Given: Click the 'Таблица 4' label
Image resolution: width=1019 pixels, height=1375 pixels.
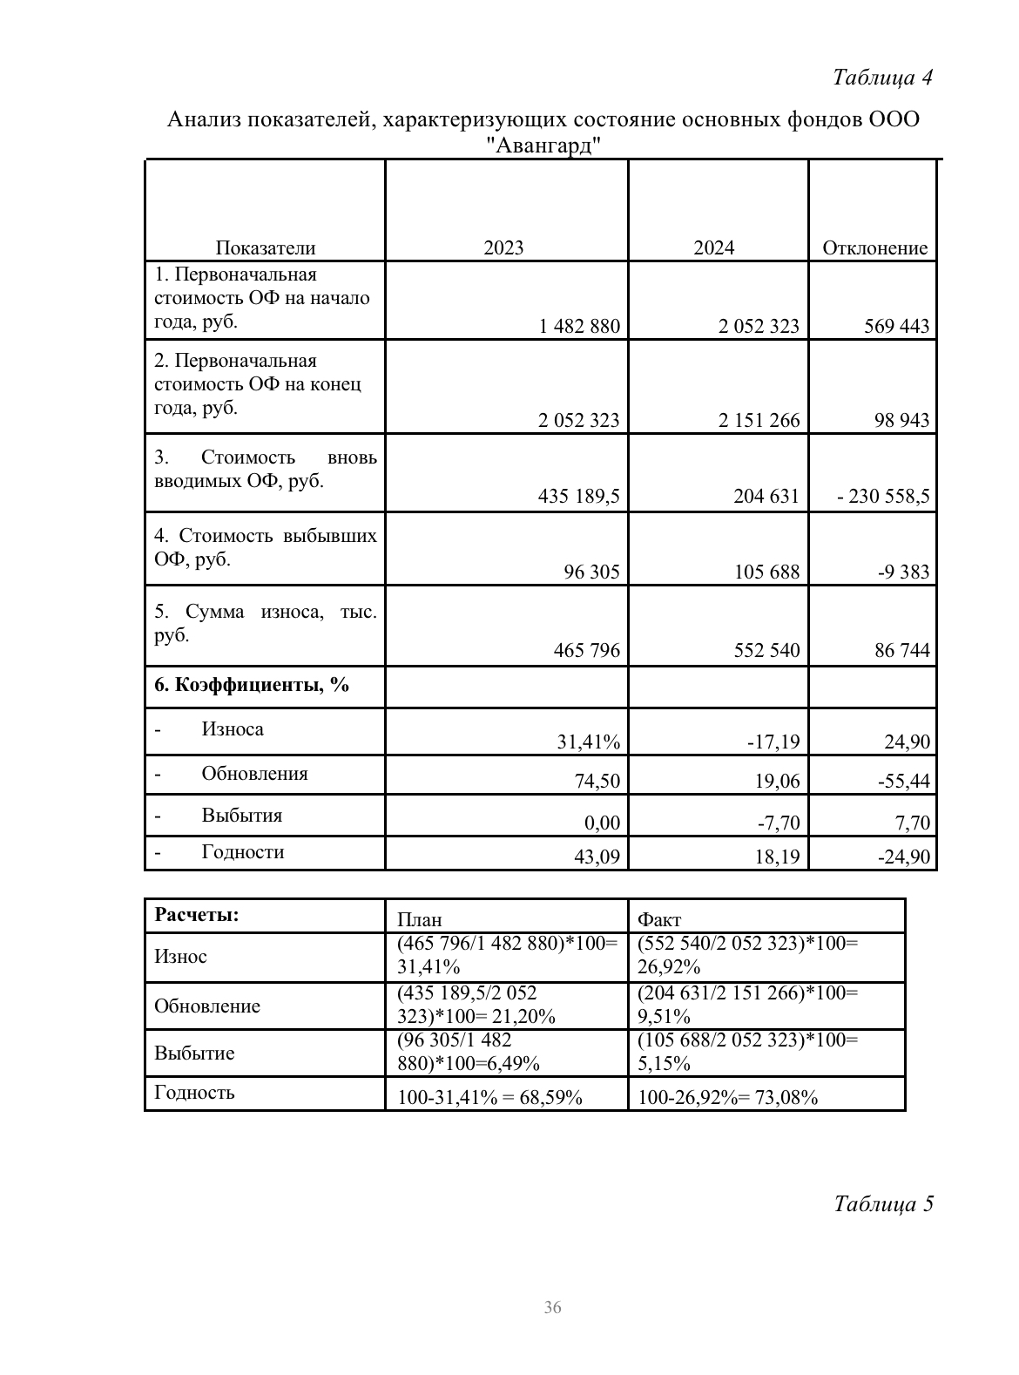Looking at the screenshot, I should [882, 78].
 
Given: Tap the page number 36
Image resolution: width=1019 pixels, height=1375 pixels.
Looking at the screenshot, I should [552, 1307].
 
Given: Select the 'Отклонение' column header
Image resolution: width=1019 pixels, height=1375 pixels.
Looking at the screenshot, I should [874, 248].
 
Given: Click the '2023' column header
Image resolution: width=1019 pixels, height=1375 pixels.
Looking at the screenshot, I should [503, 248].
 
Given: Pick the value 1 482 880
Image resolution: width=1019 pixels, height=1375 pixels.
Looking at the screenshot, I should [579, 327].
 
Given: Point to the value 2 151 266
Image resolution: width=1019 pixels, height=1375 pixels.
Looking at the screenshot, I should [759, 421].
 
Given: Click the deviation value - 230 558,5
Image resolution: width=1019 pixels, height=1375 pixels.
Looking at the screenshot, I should [882, 497].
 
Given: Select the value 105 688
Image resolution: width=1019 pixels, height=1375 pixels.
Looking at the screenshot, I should [766, 572].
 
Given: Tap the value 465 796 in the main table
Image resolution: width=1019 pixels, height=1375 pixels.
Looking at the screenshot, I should [586, 650].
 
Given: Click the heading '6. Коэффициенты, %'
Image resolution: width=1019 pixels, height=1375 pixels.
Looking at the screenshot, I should [252, 685].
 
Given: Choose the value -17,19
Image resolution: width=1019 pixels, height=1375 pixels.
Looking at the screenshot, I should [773, 742].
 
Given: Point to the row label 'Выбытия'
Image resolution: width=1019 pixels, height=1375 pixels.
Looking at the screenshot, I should [241, 816].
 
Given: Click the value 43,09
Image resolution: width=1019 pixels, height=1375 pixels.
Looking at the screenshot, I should [597, 857].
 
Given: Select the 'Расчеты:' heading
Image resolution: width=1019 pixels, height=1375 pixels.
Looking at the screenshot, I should [197, 915].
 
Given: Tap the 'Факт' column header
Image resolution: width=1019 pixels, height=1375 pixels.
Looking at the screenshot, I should [659, 919].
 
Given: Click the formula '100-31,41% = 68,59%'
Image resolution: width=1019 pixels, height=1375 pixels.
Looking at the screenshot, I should [489, 1097].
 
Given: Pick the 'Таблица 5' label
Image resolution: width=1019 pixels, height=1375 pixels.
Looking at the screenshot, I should [883, 1204].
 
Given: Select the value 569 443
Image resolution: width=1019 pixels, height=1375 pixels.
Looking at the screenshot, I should [896, 327].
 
